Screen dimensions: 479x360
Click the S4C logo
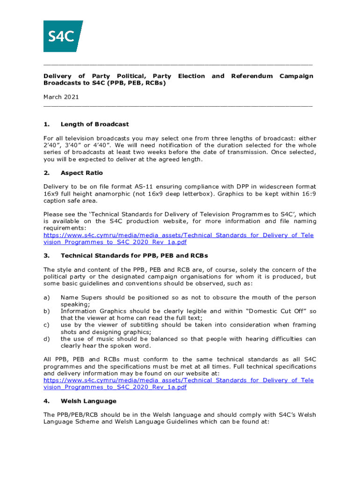[x=63, y=36]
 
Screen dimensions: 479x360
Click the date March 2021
[x=61, y=97]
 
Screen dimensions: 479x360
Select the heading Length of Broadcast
[x=94, y=124]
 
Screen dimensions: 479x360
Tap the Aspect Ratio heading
[x=82, y=173]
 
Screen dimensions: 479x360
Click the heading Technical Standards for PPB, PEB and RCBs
[x=134, y=256]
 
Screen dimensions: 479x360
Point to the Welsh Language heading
[x=88, y=401]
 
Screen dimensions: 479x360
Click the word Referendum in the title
[x=252, y=76]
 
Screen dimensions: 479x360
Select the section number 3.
[x=46, y=256]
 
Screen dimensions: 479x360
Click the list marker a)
[x=46, y=298]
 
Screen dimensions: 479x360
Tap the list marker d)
[x=46, y=339]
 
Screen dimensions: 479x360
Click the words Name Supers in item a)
[x=80, y=298]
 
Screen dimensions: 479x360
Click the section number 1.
[x=46, y=124]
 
